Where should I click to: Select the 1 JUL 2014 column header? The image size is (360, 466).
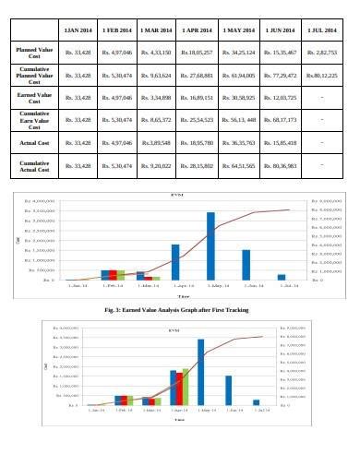pyautogui.click(x=320, y=33)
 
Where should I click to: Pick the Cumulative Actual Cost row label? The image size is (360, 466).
pyautogui.click(x=32, y=166)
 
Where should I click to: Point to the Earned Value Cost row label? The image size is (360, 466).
pyautogui.click(x=32, y=96)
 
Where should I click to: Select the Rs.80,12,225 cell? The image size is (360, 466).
pyautogui.click(x=320, y=74)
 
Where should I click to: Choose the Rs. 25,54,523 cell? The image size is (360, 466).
pyautogui.click(x=197, y=119)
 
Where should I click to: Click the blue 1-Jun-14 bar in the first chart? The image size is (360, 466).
pyautogui.click(x=246, y=265)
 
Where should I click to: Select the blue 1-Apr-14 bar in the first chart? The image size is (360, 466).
pyautogui.click(x=175, y=262)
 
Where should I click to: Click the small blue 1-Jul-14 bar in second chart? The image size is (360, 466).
pyautogui.click(x=257, y=402)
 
